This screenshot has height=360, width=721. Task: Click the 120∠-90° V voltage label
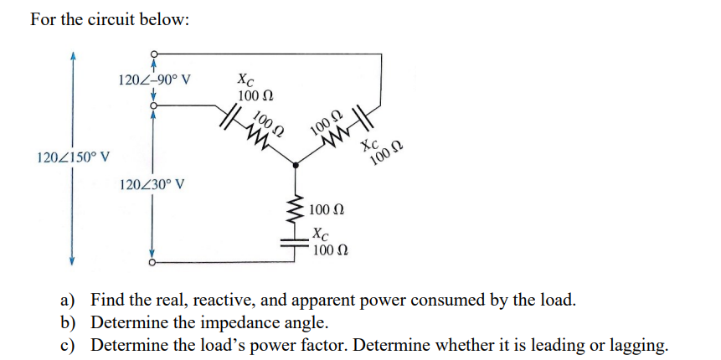pos(155,81)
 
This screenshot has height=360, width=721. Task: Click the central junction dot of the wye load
pos(295,167)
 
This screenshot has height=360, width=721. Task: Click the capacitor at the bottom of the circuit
pos(295,242)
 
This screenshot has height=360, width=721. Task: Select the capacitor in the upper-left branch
pos(229,114)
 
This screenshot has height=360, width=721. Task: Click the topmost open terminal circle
pos(152,54)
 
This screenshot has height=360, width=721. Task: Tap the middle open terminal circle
pos(152,107)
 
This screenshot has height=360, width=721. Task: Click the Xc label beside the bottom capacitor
pos(319,234)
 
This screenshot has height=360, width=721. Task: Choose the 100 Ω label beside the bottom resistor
pos(329,209)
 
